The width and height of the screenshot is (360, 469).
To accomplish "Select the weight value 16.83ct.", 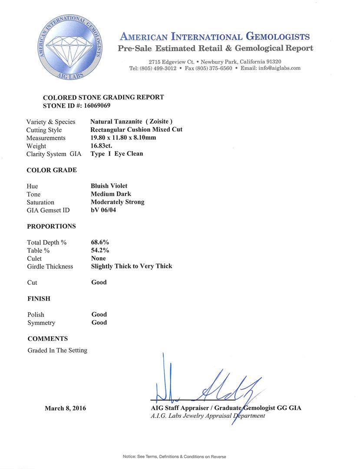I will [101, 146].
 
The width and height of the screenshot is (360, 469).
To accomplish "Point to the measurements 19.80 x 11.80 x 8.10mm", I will [123, 138].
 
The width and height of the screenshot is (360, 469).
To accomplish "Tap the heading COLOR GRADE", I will [52, 170].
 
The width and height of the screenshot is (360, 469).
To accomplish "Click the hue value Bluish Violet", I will [109, 186].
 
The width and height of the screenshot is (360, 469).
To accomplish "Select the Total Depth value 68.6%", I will [100, 242].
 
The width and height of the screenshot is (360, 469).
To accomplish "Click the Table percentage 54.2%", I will [100, 250].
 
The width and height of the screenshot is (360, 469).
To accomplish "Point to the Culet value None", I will [99, 258].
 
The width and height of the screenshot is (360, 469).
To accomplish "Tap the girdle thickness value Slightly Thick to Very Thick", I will [132, 266].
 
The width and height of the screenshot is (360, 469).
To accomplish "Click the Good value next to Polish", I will [99, 314].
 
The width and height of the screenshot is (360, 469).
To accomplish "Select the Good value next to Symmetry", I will [99, 323].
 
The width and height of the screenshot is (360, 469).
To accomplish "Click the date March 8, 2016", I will [65, 408].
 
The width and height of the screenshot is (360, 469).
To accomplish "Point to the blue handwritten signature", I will [204, 384].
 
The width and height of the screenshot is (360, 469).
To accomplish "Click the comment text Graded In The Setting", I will [57, 350].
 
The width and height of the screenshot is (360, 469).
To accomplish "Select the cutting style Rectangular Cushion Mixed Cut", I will [136, 129].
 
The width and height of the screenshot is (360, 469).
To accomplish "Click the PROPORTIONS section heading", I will [51, 226].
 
